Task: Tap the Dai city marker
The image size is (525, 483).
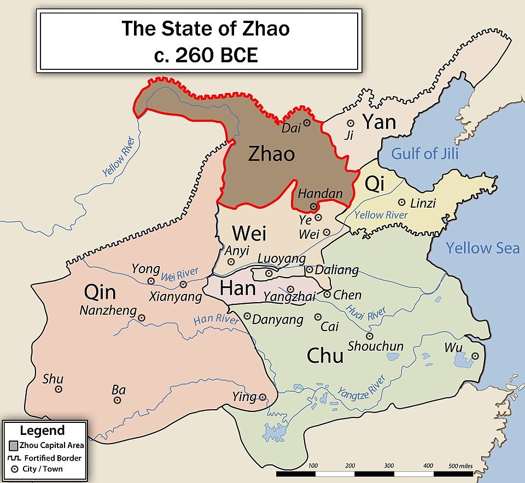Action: coord(307,123)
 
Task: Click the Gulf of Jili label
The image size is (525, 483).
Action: coord(424,153)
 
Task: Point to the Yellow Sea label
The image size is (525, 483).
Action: coord(482,248)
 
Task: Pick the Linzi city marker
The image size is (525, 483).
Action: coord(401,202)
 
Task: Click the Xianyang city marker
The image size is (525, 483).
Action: coord(183,285)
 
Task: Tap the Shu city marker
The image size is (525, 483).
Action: coord(59,389)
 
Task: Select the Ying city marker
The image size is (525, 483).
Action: coord(262,397)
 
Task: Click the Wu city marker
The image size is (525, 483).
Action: coord(475,356)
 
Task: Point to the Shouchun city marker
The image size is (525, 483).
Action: coord(370,336)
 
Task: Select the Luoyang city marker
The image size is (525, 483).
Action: coord(269,273)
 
